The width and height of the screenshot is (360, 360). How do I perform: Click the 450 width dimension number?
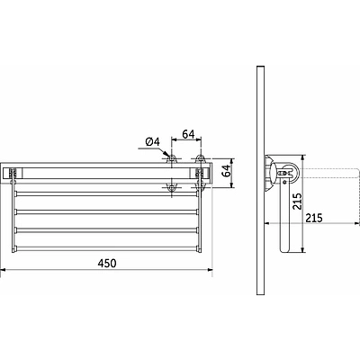pyautogui.click(x=107, y=263)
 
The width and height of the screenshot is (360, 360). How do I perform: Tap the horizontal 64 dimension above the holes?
pyautogui.click(x=188, y=134)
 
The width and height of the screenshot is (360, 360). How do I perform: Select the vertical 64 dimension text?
pyautogui.click(x=227, y=171)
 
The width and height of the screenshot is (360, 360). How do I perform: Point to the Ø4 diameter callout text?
pyautogui.click(x=153, y=141)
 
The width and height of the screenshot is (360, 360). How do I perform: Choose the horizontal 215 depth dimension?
pyautogui.click(x=314, y=218)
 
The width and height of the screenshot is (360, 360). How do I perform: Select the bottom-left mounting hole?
pyautogui.click(x=172, y=187)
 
